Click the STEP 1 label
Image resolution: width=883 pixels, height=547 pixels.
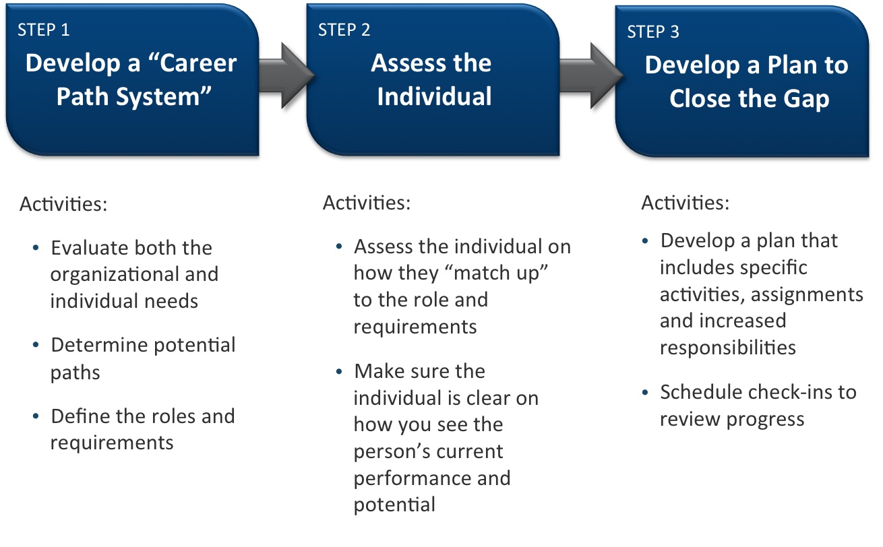[44, 30]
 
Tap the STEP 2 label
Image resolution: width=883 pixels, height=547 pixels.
[344, 30]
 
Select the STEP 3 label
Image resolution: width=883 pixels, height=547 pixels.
[653, 32]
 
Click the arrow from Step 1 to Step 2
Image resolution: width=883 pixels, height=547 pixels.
[286, 75]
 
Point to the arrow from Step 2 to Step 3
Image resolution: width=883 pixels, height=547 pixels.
[591, 75]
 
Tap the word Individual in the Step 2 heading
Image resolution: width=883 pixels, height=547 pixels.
[434, 96]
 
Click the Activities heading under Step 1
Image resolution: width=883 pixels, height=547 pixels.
[63, 203]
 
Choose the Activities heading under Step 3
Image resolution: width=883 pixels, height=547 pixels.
[685, 203]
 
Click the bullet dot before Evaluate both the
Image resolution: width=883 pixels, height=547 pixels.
[36, 248]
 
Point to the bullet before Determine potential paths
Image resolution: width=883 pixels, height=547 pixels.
[36, 345]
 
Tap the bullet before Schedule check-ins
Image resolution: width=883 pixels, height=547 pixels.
[645, 392]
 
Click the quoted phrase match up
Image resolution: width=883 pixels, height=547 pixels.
[493, 273]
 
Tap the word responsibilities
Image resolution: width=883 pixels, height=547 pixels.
[728, 348]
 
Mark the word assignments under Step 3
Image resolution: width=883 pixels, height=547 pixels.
[807, 295]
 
